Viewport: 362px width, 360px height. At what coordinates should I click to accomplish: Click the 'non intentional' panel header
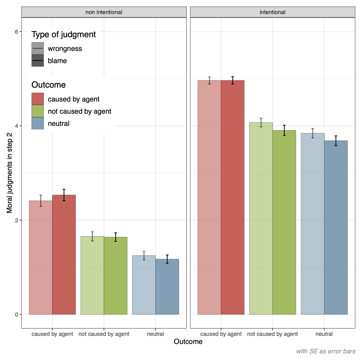tap(104, 12)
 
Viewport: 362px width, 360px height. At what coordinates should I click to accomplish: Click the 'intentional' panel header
tap(272, 12)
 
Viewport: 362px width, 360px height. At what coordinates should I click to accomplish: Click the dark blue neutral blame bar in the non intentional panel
tap(167, 286)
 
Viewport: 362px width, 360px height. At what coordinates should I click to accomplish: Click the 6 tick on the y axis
tap(17, 32)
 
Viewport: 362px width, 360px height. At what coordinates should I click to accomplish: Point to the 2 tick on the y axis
tap(17, 220)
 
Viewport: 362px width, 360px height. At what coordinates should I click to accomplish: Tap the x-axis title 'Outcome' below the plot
tap(188, 342)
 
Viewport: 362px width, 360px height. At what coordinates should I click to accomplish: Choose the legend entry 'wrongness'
tap(65, 49)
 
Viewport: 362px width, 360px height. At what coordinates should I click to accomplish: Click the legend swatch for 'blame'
tap(38, 61)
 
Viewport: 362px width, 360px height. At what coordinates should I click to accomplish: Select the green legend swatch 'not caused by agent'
tap(38, 111)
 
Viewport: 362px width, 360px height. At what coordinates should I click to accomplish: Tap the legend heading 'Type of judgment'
tap(64, 35)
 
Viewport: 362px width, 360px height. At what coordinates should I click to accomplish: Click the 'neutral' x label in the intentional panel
tap(324, 334)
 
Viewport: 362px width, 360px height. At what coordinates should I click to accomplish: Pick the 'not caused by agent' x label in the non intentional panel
tap(104, 334)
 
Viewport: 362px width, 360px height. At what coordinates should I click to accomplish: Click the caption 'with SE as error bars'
tap(325, 351)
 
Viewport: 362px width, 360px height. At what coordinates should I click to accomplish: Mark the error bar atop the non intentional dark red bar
tap(64, 195)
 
